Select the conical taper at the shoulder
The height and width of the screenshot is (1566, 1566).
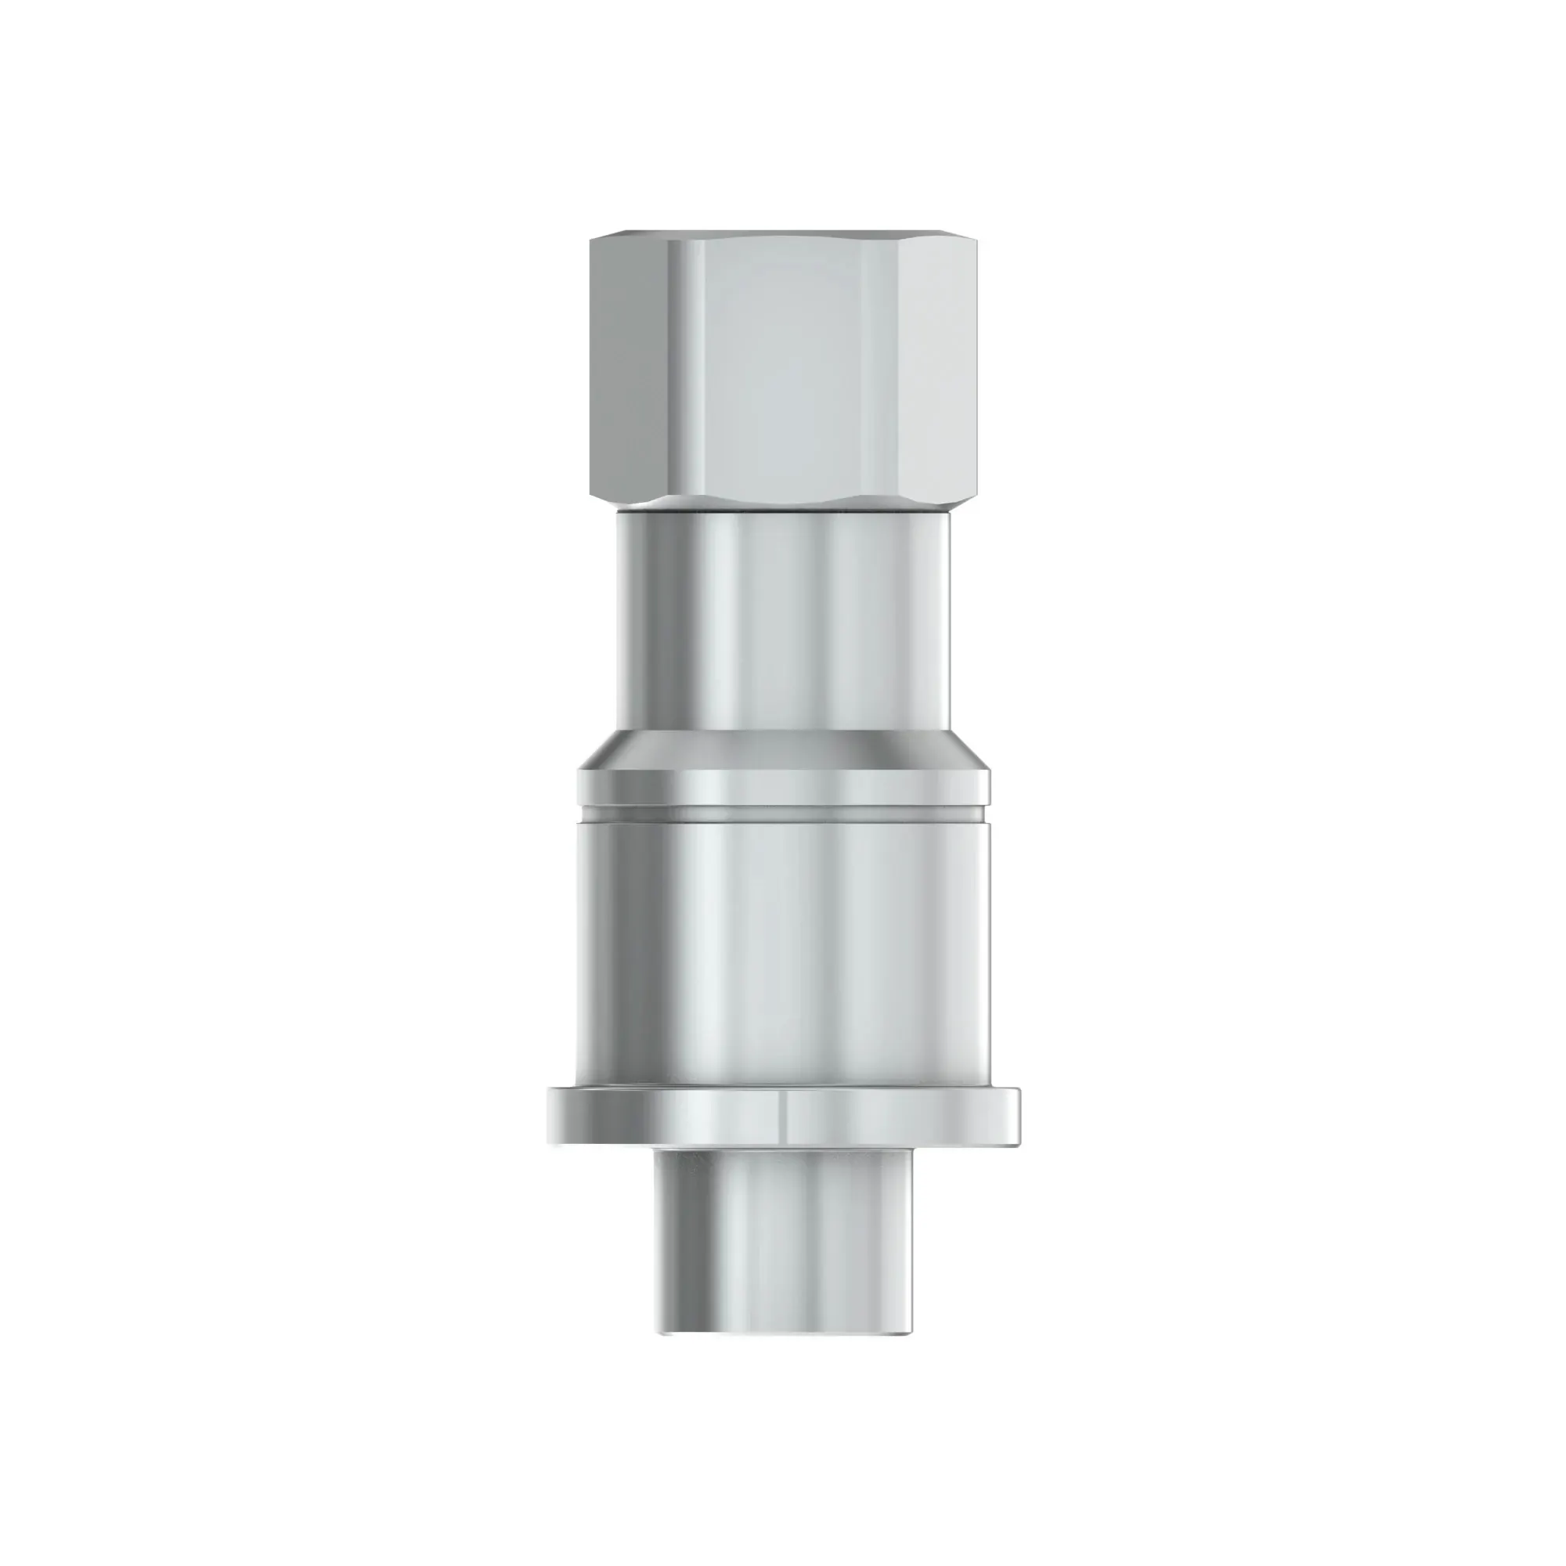coord(782,750)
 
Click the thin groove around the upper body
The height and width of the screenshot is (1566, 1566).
coord(782,813)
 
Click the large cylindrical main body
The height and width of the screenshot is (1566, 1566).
coord(782,948)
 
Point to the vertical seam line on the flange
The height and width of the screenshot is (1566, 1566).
coord(785,1117)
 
